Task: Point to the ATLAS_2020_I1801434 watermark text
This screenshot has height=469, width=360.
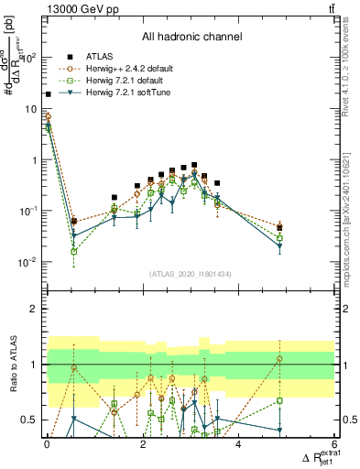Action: pos(191,274)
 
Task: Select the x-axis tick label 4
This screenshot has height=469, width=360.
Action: pos(238,444)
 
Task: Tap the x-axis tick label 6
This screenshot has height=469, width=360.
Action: pos(334,444)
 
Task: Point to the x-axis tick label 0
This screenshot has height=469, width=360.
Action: pos(47,444)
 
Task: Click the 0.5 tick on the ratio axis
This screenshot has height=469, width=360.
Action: pos(29,420)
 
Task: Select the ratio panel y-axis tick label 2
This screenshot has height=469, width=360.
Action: pos(34,309)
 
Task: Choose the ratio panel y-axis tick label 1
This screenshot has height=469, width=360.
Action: pos(34,365)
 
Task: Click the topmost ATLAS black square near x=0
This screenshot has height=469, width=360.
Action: pos(48,94)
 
